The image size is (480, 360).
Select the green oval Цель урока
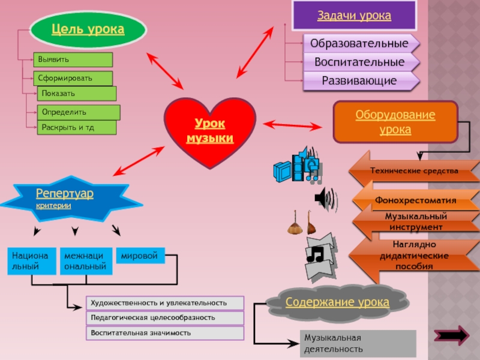[x=88, y=29]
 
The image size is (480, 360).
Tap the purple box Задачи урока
[x=354, y=16]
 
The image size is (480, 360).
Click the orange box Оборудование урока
[x=395, y=122]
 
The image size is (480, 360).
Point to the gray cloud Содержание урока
[x=337, y=301]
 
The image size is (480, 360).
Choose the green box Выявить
[x=73, y=59]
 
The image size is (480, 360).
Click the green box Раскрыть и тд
[x=77, y=127]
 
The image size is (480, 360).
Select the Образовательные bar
[x=360, y=44]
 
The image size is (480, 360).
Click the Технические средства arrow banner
[x=414, y=171]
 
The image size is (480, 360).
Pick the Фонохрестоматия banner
[x=415, y=200]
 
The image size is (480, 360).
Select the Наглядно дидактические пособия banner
[x=414, y=256]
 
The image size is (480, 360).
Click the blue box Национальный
[x=32, y=260]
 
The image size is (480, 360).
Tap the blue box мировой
[x=140, y=256]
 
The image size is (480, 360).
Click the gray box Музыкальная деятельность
[x=358, y=342]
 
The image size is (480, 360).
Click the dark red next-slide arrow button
[x=454, y=335]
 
